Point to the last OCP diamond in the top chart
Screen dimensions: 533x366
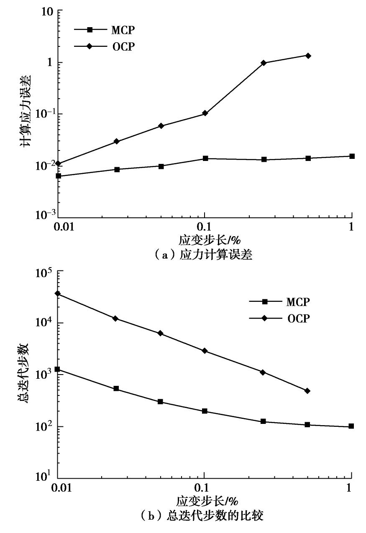coord(308,56)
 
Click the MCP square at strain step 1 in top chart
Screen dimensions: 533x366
coord(352,156)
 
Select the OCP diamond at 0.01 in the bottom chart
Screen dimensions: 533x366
coord(58,293)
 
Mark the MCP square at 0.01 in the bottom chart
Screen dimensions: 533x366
coord(58,370)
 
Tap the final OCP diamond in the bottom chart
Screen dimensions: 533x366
coord(307,391)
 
